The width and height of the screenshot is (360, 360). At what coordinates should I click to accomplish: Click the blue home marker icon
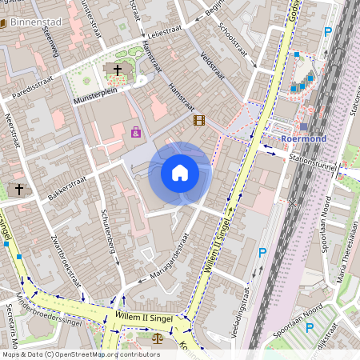point(180,172)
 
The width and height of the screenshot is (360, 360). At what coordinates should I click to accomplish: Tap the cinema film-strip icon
point(198,121)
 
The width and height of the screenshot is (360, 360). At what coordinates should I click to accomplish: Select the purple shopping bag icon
point(136,131)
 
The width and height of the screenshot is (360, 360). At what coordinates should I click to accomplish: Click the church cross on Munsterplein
point(118,70)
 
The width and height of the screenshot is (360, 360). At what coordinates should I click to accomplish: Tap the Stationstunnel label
point(314,160)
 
